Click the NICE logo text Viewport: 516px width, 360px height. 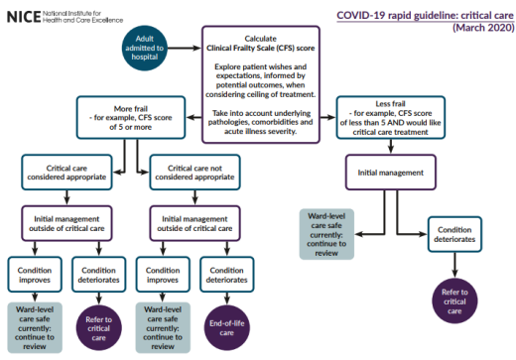21,16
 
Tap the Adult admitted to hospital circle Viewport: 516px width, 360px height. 142,47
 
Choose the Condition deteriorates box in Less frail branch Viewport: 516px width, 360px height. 455,236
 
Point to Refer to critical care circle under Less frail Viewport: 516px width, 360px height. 455,301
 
